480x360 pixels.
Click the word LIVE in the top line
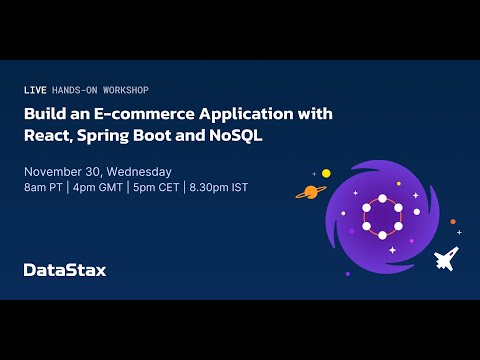tap(34, 90)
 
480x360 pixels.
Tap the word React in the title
tap(46, 135)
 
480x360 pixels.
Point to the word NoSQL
tap(236, 135)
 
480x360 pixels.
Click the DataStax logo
tap(64, 269)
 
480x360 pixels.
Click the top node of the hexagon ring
tap(381, 196)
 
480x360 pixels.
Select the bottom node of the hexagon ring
tap(381, 235)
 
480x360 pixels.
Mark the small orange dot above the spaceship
tap(453, 222)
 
